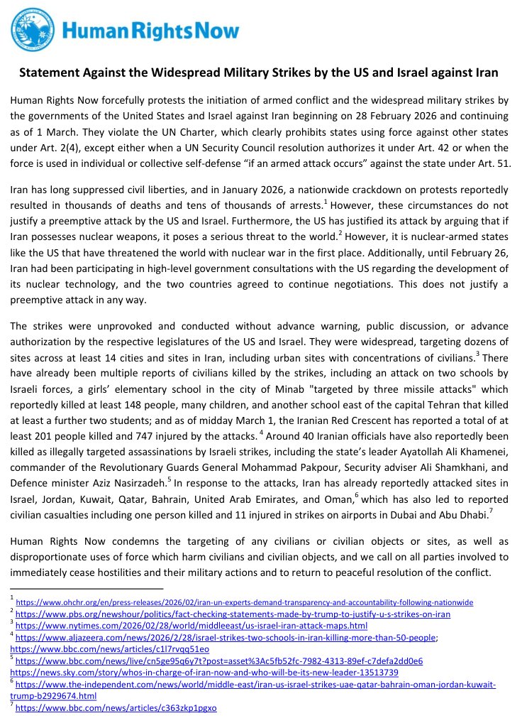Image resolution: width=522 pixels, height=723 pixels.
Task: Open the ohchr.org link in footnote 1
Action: (x=244, y=602)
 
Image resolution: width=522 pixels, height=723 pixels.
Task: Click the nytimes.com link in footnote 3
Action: (x=191, y=626)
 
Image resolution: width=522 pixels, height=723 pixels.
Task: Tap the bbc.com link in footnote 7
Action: (x=116, y=708)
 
